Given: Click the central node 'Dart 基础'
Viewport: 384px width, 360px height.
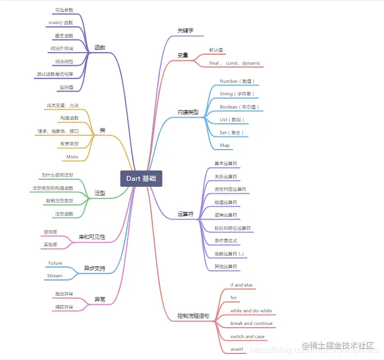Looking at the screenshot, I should [141, 179].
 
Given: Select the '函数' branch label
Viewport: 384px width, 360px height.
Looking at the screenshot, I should [100, 47].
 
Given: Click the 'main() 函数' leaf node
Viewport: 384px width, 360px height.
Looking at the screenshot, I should [60, 22].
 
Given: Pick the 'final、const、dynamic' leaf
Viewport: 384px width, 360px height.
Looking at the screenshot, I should [234, 63].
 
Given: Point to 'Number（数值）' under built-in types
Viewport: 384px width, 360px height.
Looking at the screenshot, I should [237, 81].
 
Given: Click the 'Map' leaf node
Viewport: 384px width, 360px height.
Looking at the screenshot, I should [225, 145].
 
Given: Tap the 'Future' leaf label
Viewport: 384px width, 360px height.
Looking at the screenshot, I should [55, 263].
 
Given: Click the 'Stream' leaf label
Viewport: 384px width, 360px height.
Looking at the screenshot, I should [55, 276].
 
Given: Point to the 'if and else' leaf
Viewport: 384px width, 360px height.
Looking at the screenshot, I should [242, 285].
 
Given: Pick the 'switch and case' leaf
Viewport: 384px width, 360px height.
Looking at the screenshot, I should [247, 336].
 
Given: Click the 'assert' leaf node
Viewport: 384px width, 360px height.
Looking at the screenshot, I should [237, 349].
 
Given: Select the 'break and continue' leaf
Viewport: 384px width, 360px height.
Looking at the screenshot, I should [251, 323].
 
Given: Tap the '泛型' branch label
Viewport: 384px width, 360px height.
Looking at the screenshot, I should [99, 193].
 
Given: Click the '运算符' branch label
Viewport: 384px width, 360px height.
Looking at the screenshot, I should [185, 214].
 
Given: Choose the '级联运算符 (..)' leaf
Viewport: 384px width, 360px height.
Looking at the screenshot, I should [232, 254].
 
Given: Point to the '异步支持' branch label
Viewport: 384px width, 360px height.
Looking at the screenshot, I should [94, 268].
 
